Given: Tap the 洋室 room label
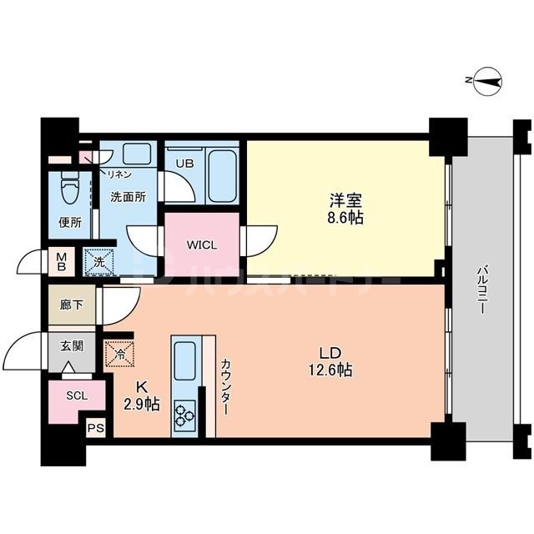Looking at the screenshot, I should coord(345,200).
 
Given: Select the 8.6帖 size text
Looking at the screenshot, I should coord(345,218).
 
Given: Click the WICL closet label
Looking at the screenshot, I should coord(202,245).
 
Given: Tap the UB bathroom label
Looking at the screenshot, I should coord(184,164).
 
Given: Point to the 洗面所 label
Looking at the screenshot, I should coord(128,197).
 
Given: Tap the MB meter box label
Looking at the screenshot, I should coord(62,262).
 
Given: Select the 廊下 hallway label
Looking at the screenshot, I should coord(72,305).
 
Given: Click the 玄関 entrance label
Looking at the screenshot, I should coord(72,345).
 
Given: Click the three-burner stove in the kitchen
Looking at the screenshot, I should coord(184,415).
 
